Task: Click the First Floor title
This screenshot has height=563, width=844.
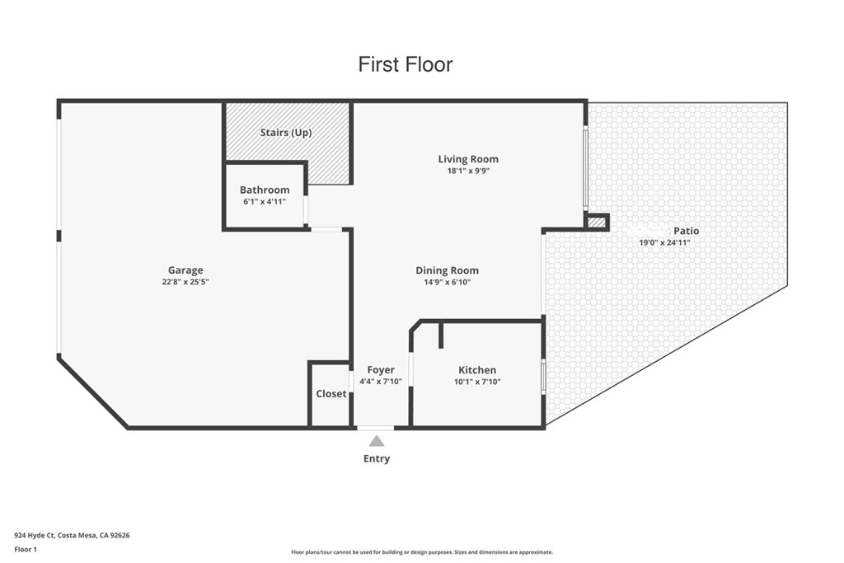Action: (405, 64)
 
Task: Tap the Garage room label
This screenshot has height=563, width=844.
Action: (185, 270)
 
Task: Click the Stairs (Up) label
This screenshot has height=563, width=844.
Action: (286, 133)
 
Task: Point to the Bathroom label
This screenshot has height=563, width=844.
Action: (265, 190)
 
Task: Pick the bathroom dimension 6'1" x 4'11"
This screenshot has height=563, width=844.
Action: (265, 201)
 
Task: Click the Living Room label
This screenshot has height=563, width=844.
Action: (468, 159)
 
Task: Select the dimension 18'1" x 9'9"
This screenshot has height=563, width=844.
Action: (468, 171)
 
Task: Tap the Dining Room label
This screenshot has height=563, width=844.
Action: (447, 270)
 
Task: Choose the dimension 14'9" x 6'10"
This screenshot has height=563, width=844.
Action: (447, 282)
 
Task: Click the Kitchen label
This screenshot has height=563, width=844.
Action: (477, 370)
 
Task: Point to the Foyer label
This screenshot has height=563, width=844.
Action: (381, 370)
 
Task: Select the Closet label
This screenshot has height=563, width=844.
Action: (331, 394)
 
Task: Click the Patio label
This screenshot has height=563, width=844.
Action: (686, 231)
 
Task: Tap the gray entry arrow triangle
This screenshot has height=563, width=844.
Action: (377, 441)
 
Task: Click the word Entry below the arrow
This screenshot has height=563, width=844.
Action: (377, 459)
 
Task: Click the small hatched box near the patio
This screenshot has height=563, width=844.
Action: (596, 222)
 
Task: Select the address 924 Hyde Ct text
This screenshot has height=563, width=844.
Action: (72, 535)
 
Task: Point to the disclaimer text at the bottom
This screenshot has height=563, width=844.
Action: (421, 552)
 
